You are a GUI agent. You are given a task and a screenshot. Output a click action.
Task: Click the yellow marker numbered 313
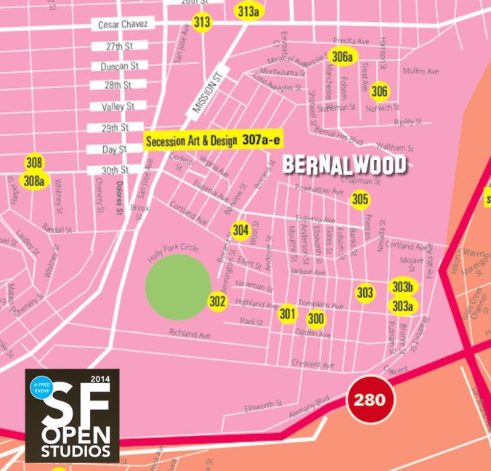(x=202, y=23)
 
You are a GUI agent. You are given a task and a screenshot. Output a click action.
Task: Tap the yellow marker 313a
(x=248, y=12)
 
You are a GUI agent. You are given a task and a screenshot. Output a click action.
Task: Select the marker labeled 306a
(x=341, y=57)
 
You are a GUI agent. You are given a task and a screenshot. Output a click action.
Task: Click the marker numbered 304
(x=241, y=230)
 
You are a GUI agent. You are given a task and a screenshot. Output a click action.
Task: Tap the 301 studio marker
(x=288, y=314)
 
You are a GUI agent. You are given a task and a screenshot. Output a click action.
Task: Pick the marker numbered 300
(x=316, y=318)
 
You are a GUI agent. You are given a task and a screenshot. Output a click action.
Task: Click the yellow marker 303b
(x=402, y=286)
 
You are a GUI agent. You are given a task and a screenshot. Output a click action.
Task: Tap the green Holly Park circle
(x=178, y=286)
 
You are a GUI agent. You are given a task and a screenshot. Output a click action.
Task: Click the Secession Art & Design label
(x=191, y=141)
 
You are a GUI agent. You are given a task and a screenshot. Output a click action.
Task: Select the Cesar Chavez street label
(x=123, y=25)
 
